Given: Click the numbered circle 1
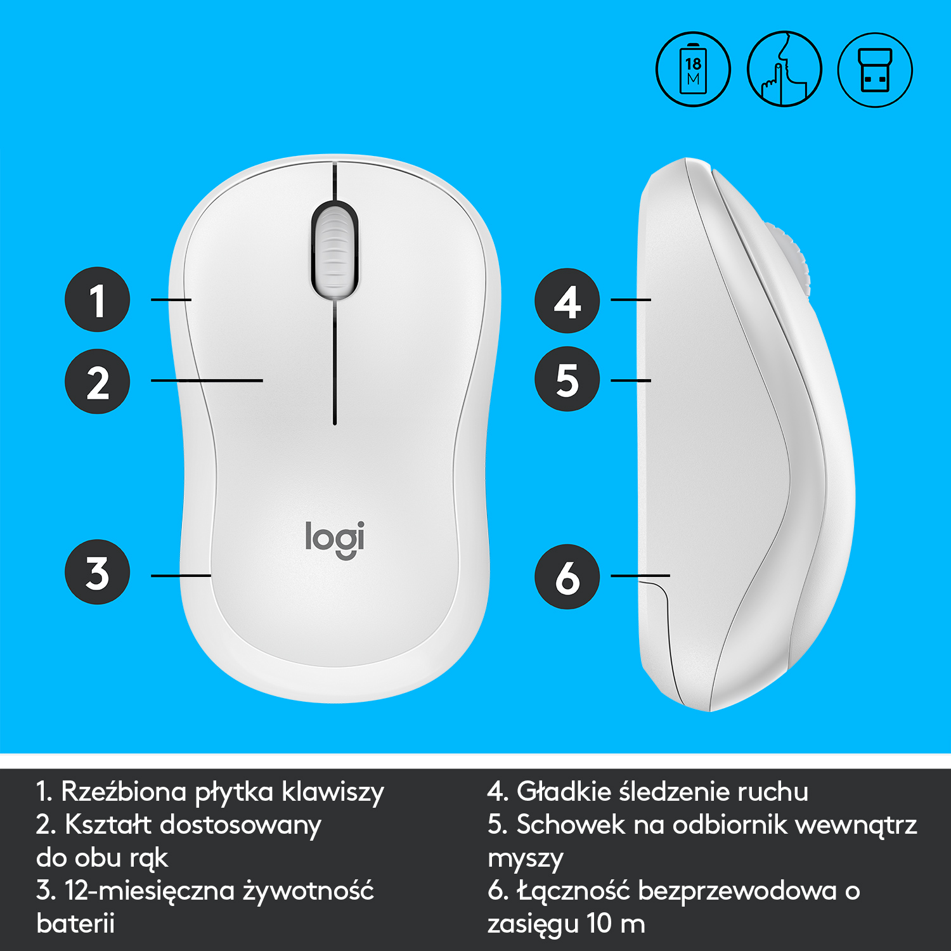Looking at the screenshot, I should pyautogui.click(x=97, y=299).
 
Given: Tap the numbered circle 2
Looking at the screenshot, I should pyautogui.click(x=97, y=382).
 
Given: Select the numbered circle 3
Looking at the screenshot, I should pyautogui.click(x=97, y=572).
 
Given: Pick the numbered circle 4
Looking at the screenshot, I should pyautogui.click(x=567, y=301).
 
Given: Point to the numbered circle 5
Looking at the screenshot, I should pyautogui.click(x=567, y=379).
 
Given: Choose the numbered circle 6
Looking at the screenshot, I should pyautogui.click(x=567, y=577).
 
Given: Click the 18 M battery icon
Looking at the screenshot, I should pyautogui.click(x=693, y=69).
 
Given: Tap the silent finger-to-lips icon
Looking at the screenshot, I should pyautogui.click(x=784, y=69).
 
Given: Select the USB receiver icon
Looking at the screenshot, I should pyautogui.click(x=875, y=69).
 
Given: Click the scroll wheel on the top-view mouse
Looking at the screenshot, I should pyautogui.click(x=334, y=249).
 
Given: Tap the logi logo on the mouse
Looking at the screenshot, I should pyautogui.click(x=335, y=539).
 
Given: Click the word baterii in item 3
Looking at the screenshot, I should pyautogui.click(x=75, y=923).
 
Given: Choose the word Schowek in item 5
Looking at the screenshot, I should pyautogui.click(x=571, y=825).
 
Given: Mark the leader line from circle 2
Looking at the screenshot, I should pyautogui.click(x=207, y=380).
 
